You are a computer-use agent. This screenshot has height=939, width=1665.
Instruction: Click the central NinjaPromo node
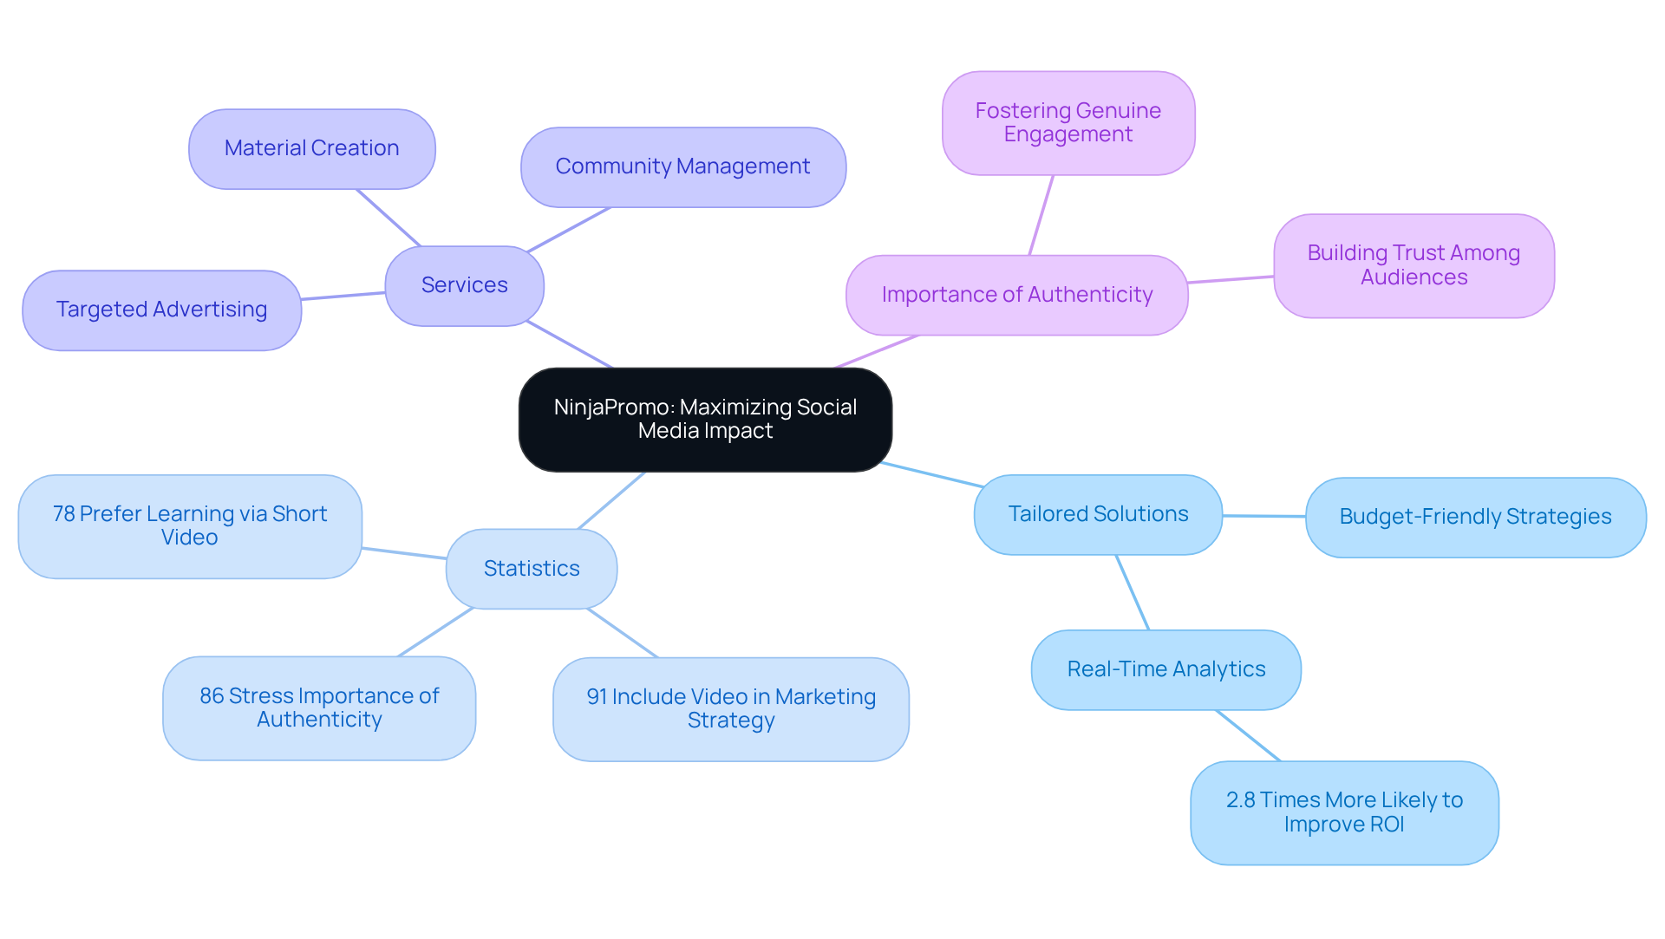point(705,420)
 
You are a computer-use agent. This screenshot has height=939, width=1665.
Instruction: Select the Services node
point(464,285)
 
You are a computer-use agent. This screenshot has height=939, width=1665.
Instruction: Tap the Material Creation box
point(311,148)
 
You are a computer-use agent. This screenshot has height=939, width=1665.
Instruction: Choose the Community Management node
point(682,166)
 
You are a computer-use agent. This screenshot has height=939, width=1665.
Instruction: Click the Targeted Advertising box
point(161,310)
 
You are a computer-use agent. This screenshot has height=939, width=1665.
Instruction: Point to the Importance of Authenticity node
point(1016,295)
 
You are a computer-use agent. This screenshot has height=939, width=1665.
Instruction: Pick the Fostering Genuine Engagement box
point(1068,122)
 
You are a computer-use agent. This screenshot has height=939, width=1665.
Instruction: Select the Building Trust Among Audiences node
point(1413,265)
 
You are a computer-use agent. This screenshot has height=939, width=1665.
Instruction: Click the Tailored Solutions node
point(1098,514)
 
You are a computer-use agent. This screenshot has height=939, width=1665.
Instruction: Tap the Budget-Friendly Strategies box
point(1474,517)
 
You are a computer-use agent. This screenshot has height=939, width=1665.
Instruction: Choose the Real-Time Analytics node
point(1165,669)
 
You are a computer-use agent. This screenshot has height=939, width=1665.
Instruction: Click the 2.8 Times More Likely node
point(1343,812)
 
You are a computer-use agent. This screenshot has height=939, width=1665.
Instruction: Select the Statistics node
point(531,569)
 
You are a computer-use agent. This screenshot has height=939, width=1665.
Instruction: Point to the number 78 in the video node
point(63,514)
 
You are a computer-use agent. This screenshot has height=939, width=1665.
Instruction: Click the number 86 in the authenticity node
point(212,696)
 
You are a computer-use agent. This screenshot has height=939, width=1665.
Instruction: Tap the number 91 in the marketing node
point(597,697)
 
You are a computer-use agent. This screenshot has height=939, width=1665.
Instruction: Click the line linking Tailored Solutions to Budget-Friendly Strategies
point(1263,516)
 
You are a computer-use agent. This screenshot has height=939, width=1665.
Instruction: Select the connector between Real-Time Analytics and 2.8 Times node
point(1247,735)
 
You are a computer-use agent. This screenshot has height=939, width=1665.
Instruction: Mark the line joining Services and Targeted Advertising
point(343,296)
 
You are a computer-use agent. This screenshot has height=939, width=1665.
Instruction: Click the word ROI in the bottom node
point(1386,825)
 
